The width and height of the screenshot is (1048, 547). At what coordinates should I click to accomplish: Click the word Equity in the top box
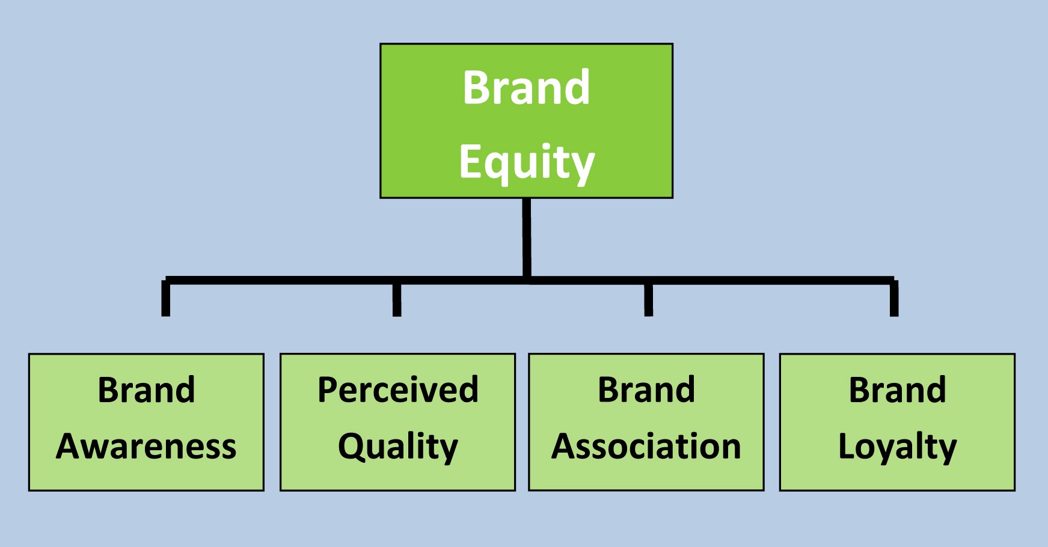pyautogui.click(x=527, y=162)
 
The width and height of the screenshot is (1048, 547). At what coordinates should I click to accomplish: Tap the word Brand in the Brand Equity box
pyautogui.click(x=527, y=88)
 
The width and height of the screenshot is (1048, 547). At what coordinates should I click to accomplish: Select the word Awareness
pyautogui.click(x=146, y=447)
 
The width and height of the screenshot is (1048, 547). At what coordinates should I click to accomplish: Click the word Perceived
pyautogui.click(x=398, y=390)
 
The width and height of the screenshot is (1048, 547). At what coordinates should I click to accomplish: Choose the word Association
pyautogui.click(x=646, y=447)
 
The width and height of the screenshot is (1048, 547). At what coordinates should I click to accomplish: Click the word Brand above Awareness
pyautogui.click(x=146, y=390)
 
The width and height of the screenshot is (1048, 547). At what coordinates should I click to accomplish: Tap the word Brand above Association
pyautogui.click(x=646, y=390)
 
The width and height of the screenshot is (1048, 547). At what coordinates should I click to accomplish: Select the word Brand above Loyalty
pyautogui.click(x=897, y=390)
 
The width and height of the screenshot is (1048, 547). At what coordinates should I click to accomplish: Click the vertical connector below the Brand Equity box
pyautogui.click(x=527, y=237)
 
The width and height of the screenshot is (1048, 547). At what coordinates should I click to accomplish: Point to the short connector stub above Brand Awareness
pyautogui.click(x=166, y=298)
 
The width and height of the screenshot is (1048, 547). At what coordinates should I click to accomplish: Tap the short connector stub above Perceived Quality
pyautogui.click(x=397, y=299)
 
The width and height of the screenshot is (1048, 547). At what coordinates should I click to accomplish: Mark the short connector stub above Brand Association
pyautogui.click(x=648, y=299)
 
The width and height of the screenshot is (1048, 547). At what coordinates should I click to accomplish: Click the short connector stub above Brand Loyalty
pyautogui.click(x=894, y=298)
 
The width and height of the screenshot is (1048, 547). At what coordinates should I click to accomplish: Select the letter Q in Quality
pyautogui.click(x=351, y=447)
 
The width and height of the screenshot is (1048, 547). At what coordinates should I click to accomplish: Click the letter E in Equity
pyautogui.click(x=470, y=161)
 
